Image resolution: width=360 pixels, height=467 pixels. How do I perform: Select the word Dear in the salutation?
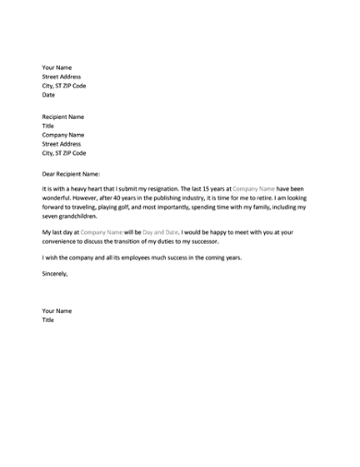[x=50, y=172]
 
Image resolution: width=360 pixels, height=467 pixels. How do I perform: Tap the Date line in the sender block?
[x=49, y=94]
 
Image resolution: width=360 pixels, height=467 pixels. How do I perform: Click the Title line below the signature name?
[x=48, y=320]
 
